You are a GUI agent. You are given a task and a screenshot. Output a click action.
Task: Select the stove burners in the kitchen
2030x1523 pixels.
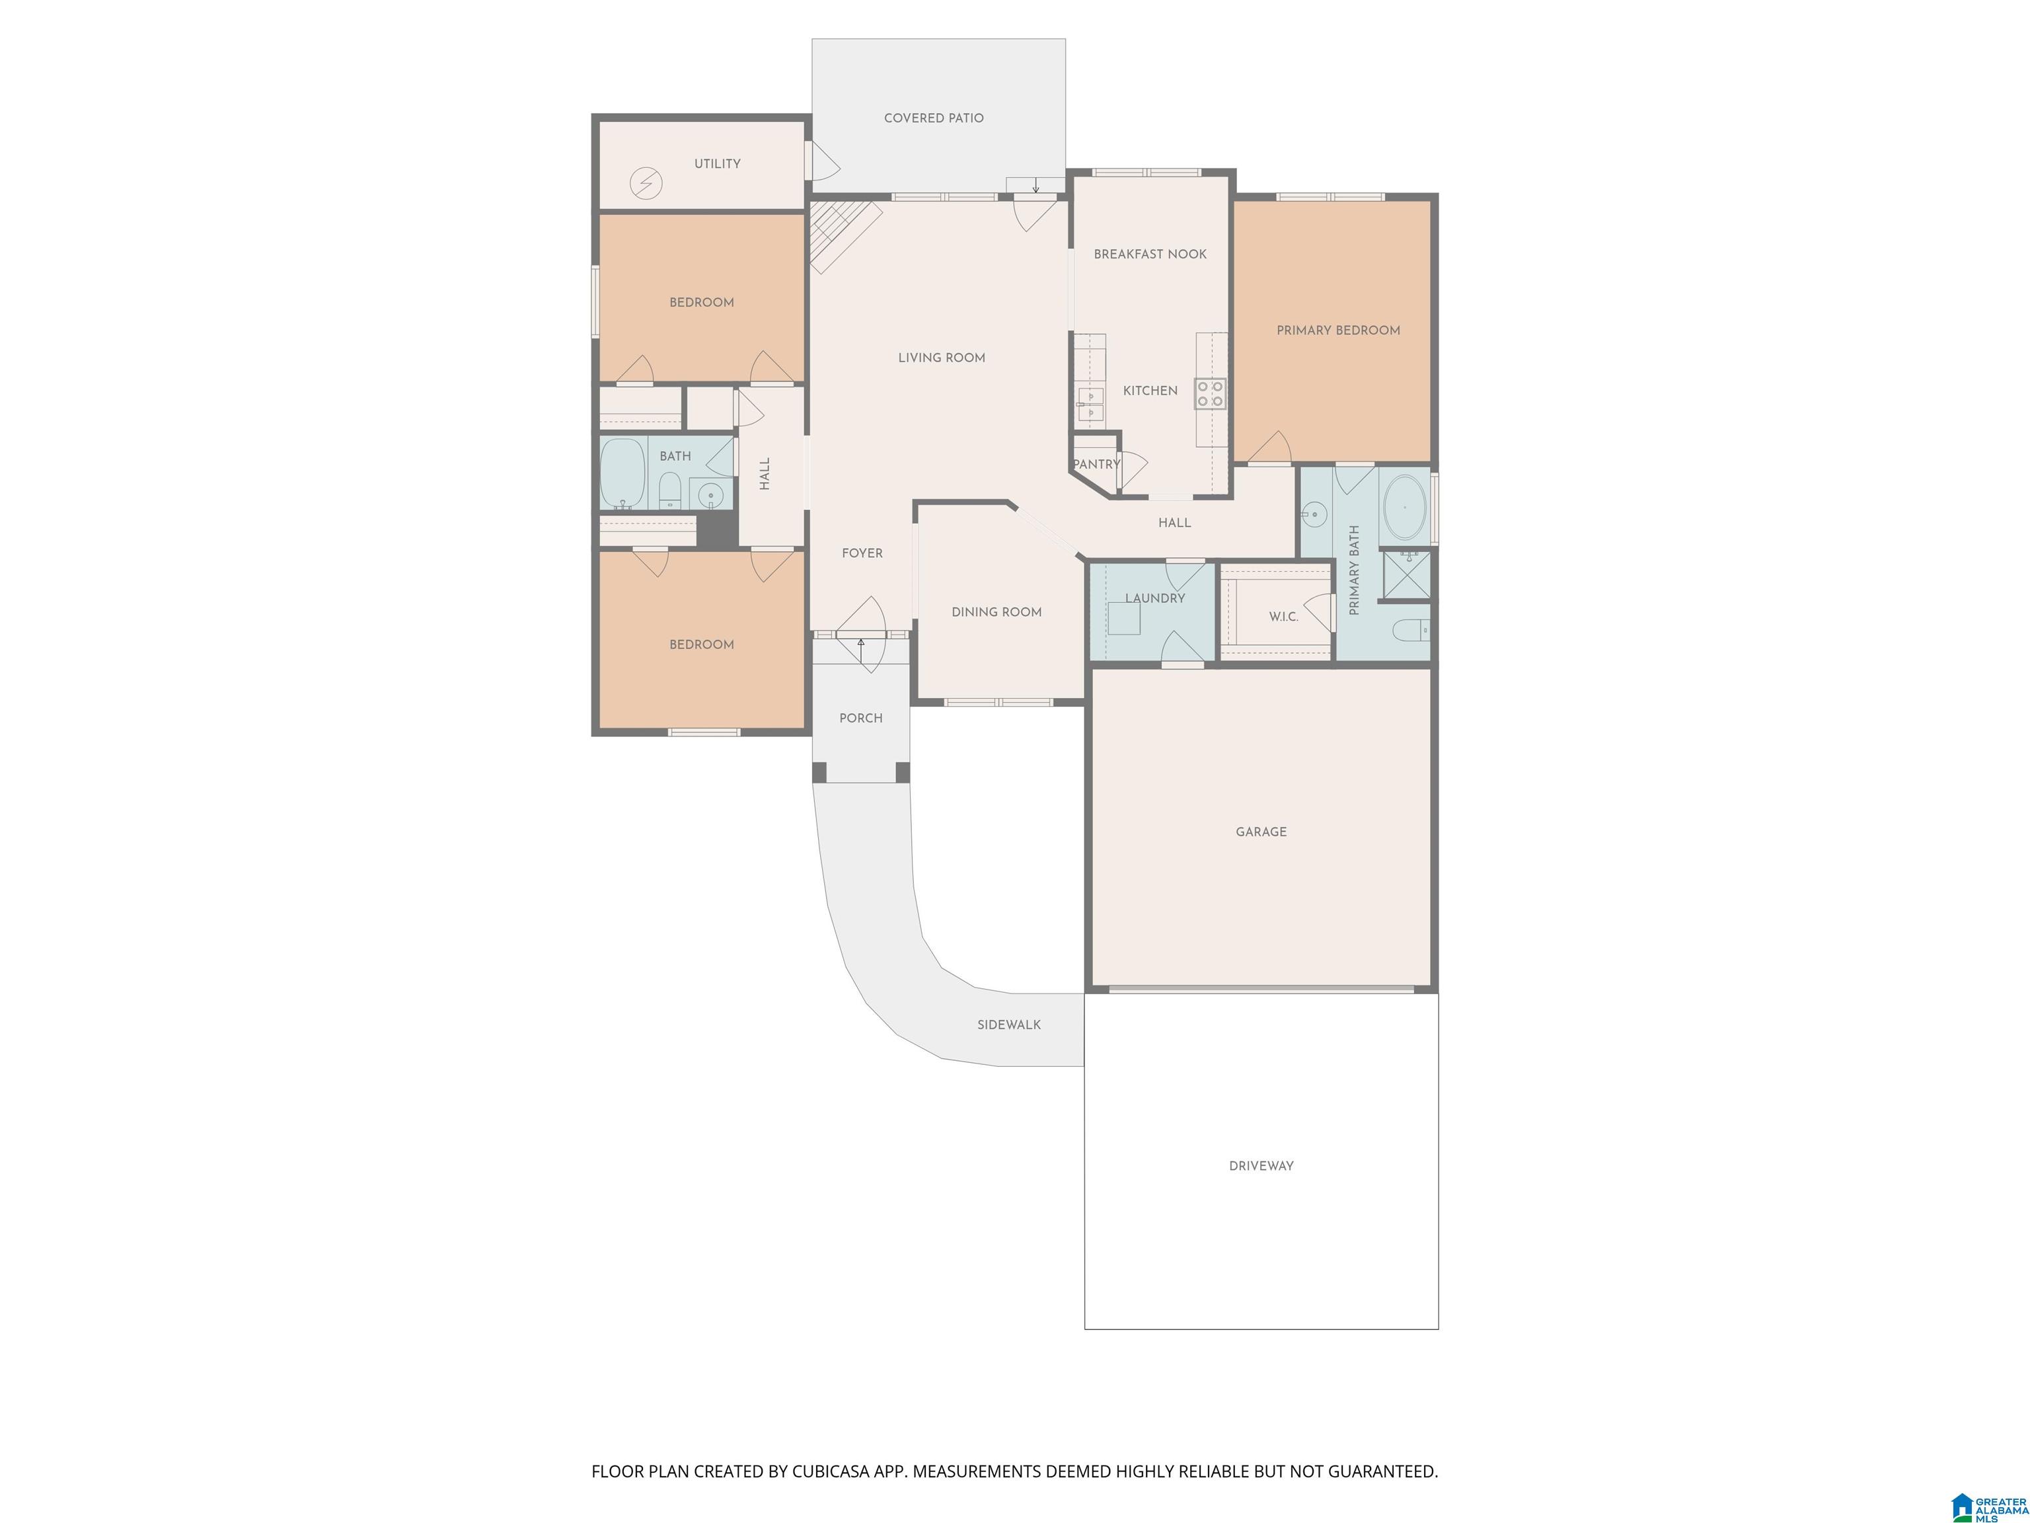pyautogui.click(x=1209, y=393)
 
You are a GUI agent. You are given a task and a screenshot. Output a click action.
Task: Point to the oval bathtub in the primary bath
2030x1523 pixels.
pyautogui.click(x=1405, y=507)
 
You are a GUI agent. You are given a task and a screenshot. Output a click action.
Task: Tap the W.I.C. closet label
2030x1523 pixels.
pyautogui.click(x=1283, y=617)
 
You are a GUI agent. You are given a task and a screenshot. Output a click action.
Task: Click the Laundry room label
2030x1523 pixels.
pyautogui.click(x=1155, y=598)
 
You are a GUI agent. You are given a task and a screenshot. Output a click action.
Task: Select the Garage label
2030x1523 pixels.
pyautogui.click(x=1261, y=832)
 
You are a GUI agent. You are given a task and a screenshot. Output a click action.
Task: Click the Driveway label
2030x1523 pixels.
pyautogui.click(x=1261, y=1166)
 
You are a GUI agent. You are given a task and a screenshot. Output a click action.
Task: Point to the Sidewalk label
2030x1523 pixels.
pyautogui.click(x=1008, y=1025)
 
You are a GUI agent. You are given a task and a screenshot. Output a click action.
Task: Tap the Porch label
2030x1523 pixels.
pyautogui.click(x=861, y=718)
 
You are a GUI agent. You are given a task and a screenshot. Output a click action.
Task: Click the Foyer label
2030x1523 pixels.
pyautogui.click(x=862, y=553)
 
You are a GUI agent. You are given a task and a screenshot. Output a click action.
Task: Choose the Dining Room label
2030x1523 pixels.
pyautogui.click(x=996, y=612)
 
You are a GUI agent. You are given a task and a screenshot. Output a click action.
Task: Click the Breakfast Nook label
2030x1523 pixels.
pyautogui.click(x=1150, y=254)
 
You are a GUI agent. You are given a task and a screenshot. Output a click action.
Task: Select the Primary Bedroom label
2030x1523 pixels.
pyautogui.click(x=1338, y=331)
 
